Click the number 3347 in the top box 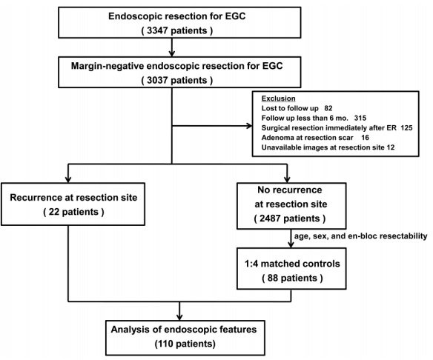click(157, 30)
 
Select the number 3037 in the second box click(157, 80)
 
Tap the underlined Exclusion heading click(278, 99)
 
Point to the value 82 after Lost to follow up click(328, 108)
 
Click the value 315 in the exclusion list click(360, 118)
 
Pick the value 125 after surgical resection click(406, 128)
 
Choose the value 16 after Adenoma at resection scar click(365, 138)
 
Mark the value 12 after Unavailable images click(391, 147)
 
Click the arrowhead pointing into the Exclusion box click(249, 126)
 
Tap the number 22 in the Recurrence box click(54, 212)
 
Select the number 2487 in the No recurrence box click(270, 219)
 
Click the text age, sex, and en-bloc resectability click(360, 236)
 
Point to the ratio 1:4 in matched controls click(251, 264)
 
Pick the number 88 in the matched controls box click(272, 278)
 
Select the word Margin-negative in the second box click(108, 67)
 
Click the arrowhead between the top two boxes click(172, 53)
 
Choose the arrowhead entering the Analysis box click(179, 317)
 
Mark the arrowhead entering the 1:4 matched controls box click(291, 244)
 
